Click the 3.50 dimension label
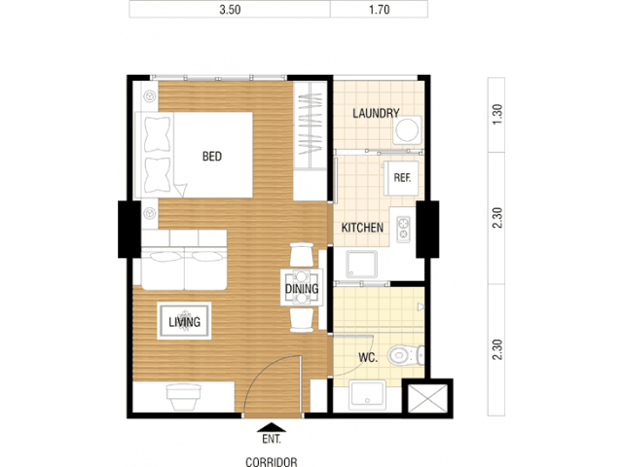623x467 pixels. coord(230,10)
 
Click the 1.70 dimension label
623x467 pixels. coord(379,10)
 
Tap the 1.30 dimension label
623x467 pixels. coord(497,115)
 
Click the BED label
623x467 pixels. coord(212,157)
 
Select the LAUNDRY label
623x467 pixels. coord(376,114)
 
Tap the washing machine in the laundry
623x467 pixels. coord(407,129)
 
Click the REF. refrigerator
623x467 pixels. coord(401,178)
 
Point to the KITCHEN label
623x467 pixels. coord(362,228)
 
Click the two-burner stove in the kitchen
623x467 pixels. coord(403,230)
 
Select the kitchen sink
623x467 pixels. coord(361,264)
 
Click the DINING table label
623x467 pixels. coord(302,289)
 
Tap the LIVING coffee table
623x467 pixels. coord(184,321)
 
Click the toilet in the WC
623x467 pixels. coord(406,355)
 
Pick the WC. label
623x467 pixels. coord(368,358)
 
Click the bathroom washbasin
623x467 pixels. coord(368,394)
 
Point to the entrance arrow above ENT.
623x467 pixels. coord(272,427)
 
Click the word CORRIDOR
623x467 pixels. coord(272,462)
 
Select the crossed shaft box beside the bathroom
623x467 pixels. coord(427,398)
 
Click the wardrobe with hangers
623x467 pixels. coord(310,126)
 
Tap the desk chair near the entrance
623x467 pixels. coord(184,396)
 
